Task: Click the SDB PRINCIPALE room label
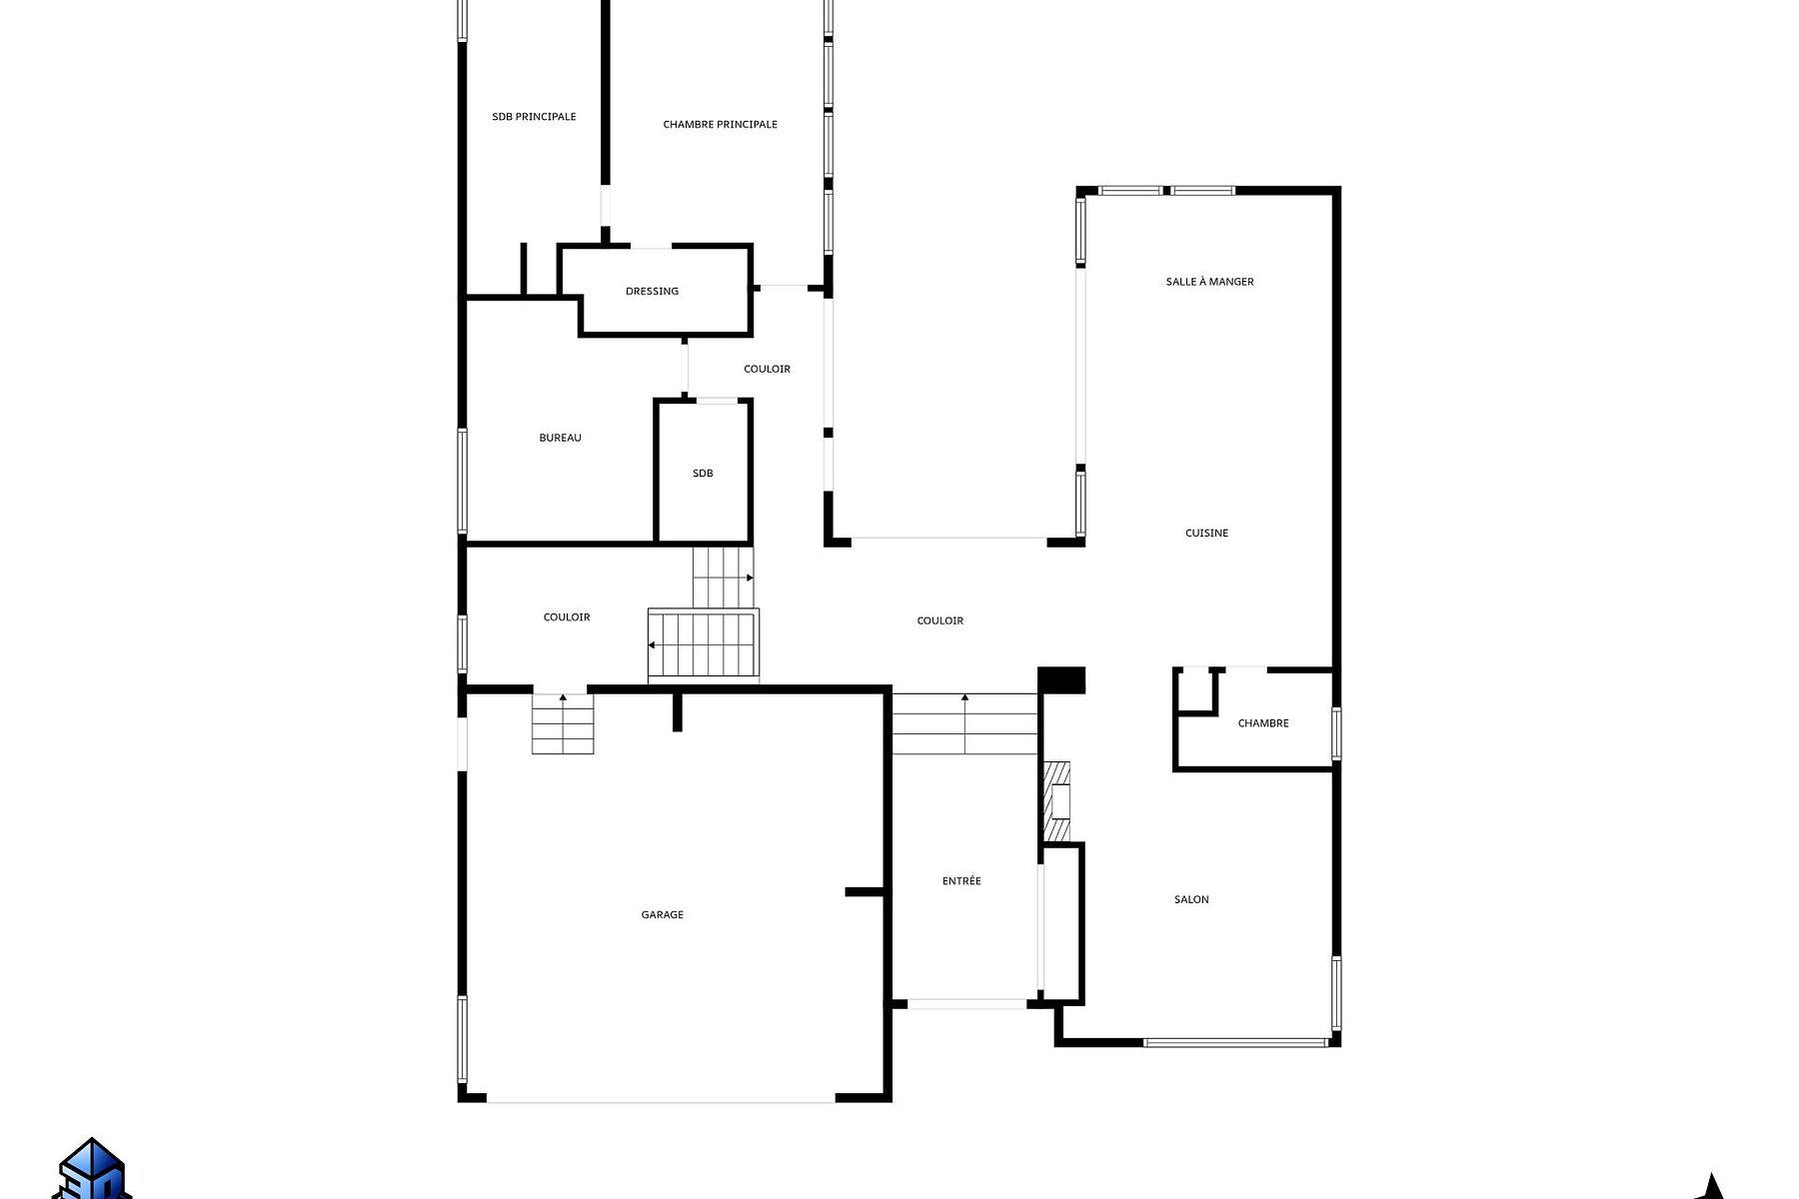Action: tap(534, 117)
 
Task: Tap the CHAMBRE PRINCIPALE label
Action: tap(720, 125)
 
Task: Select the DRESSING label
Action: tap(652, 292)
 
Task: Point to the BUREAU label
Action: tap(560, 438)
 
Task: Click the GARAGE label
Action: tap(662, 914)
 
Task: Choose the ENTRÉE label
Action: tap(961, 880)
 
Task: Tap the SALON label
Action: tap(1191, 899)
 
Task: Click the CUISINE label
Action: tap(1206, 533)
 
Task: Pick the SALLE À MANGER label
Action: tap(1209, 282)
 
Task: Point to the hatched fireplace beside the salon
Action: tap(1056, 801)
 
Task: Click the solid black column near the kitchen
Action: tap(1061, 680)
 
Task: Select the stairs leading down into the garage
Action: tap(563, 723)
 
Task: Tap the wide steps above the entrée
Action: tap(964, 723)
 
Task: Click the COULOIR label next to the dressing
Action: tap(767, 369)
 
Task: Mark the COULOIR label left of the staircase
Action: tap(567, 616)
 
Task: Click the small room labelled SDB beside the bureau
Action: tap(703, 473)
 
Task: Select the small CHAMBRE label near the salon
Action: tap(1263, 723)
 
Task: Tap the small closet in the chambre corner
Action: tap(1195, 690)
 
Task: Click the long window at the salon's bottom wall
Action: tap(1235, 1042)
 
